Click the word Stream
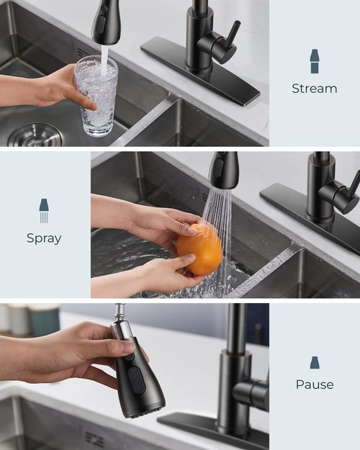314,89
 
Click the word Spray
44,238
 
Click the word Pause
315,384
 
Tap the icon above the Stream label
315,61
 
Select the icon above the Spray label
44,210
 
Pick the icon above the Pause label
315,362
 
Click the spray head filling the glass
105,22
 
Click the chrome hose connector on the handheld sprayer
120,325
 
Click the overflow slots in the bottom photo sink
94,437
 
